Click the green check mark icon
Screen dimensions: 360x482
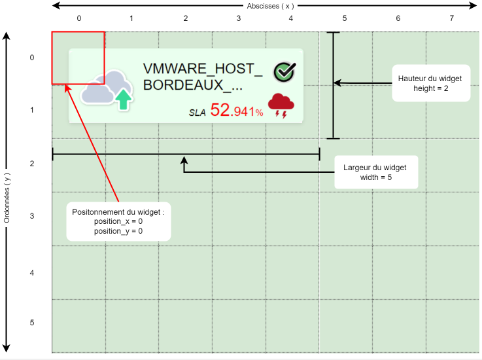tap(284, 72)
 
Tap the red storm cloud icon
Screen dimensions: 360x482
tap(281, 105)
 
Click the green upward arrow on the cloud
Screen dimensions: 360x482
tap(123, 99)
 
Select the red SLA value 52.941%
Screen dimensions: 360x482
tap(237, 111)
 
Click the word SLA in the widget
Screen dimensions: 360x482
tap(197, 113)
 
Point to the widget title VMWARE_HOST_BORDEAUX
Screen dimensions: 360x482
tap(202, 78)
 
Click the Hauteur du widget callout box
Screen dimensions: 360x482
tap(430, 83)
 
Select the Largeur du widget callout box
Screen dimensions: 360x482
tap(375, 172)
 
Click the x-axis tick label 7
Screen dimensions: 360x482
tap(452, 18)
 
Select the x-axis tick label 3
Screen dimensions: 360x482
tap(238, 18)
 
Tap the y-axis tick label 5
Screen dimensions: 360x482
tap(31, 323)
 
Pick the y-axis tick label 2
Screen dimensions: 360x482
tap(31, 164)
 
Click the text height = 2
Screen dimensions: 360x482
tap(430, 88)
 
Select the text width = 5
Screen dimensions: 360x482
tap(375, 177)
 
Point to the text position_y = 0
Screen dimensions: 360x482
tap(118, 230)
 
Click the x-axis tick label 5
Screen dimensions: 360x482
tap(345, 18)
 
